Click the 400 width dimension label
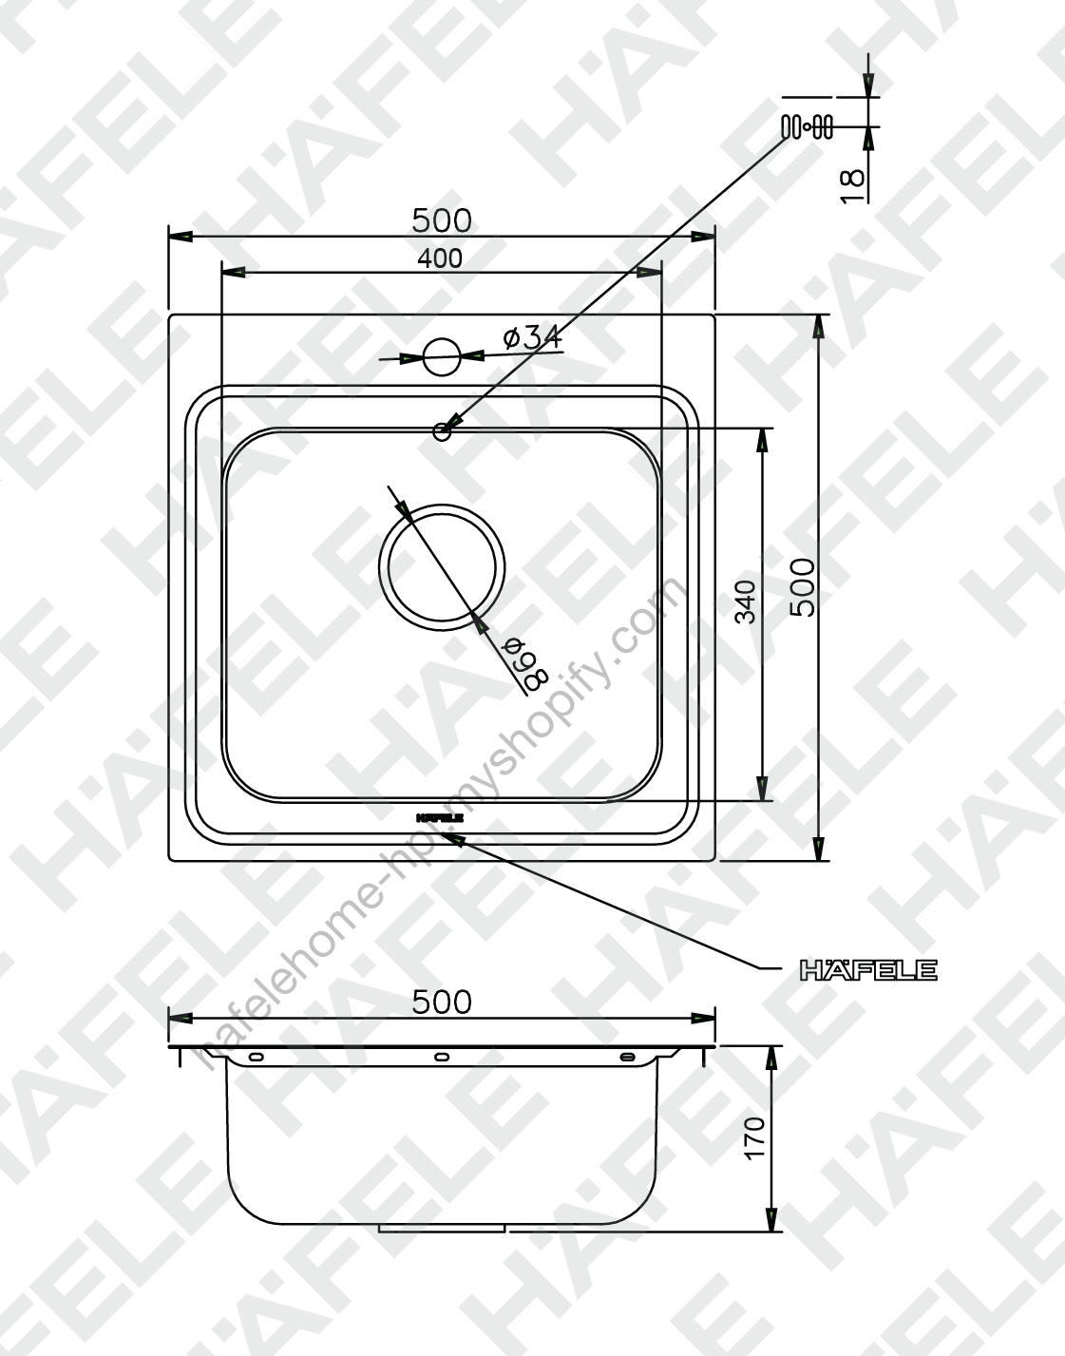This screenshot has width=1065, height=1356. (440, 258)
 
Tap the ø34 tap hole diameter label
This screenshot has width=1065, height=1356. (533, 337)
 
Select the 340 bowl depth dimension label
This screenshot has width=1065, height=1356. (745, 602)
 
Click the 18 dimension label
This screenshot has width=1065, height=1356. (853, 185)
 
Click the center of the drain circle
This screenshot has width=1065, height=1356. (442, 567)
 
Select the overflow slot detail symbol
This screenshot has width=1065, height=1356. (807, 126)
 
